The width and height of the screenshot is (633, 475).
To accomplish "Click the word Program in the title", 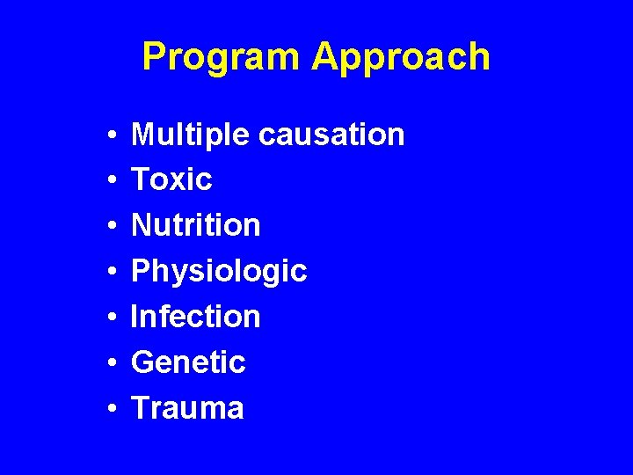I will point(222,57).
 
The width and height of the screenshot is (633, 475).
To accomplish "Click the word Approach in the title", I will point(400,57).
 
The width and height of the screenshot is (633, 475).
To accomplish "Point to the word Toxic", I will point(171,179).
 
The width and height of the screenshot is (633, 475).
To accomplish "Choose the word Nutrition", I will point(195,225).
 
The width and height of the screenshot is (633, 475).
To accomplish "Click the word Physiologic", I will point(218,271).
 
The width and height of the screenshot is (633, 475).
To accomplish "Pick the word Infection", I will point(195,317).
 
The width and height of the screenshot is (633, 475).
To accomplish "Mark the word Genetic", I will point(188,362).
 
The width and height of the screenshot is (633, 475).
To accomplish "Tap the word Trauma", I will point(187,407).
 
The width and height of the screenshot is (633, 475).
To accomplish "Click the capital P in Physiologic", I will point(141,271).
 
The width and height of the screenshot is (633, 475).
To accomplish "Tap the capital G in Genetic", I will point(142,362).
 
